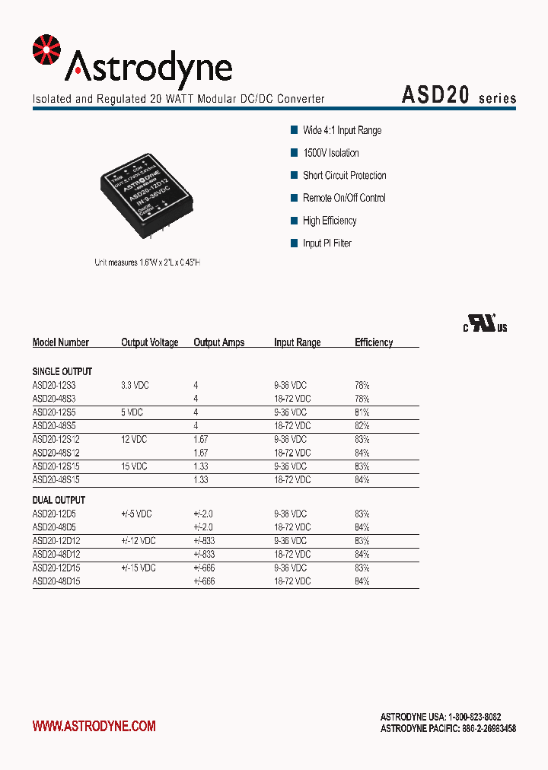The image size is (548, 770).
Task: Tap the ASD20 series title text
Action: tap(458, 96)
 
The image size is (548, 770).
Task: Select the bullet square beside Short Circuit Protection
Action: tap(295, 176)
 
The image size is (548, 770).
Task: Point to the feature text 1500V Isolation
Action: tap(330, 153)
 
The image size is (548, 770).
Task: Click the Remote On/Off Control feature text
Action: tap(344, 198)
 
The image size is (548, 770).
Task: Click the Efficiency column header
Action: tap(374, 342)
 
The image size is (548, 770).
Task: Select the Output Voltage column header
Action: tap(149, 342)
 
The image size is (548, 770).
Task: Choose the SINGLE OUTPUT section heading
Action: tap(62, 371)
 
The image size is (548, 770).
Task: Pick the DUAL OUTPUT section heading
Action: tap(59, 500)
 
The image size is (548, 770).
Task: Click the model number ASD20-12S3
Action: tap(54, 386)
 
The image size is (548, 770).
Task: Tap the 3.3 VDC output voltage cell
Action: tap(135, 386)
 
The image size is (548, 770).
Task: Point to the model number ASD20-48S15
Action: tap(56, 480)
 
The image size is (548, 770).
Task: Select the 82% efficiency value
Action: tap(362, 426)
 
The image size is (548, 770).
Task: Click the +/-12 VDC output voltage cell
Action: tap(138, 541)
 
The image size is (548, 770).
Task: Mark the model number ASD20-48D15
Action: tap(56, 581)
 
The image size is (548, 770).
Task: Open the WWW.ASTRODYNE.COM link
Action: tap(94, 726)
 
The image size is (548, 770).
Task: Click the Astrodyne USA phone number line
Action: tap(441, 717)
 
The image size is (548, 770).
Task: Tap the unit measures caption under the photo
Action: tap(147, 262)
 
